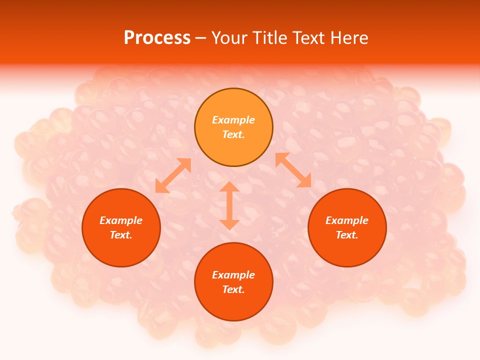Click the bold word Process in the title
(x=157, y=38)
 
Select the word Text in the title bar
(x=310, y=38)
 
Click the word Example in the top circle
(x=233, y=120)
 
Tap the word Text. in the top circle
(x=233, y=134)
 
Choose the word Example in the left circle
(x=121, y=220)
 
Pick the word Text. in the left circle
(x=121, y=235)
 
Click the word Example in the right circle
(x=347, y=220)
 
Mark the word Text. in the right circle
(x=347, y=235)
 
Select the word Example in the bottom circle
(x=233, y=275)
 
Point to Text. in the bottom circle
(x=233, y=289)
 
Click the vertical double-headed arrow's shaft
(x=229, y=205)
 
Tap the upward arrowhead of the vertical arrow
(x=229, y=187)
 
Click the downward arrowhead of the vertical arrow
(x=229, y=224)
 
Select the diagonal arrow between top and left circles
(x=173, y=175)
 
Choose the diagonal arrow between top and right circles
(x=293, y=170)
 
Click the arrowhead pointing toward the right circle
(x=304, y=181)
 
